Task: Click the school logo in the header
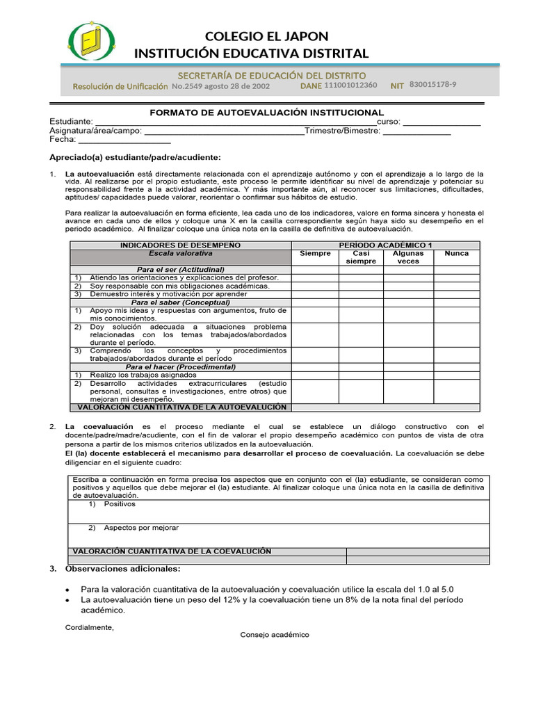(x=89, y=43)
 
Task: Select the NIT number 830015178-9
(x=433, y=85)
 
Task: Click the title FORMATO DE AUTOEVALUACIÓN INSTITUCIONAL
(x=267, y=112)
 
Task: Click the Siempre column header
(x=315, y=254)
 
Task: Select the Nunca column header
(x=456, y=254)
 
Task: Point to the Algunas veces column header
(x=408, y=257)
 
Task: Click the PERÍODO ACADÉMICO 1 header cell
(x=385, y=245)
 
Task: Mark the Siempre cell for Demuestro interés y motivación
(x=315, y=294)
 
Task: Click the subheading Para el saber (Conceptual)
(x=180, y=302)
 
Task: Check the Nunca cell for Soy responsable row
(x=456, y=286)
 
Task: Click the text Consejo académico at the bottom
(x=275, y=635)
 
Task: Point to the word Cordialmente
(x=89, y=627)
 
